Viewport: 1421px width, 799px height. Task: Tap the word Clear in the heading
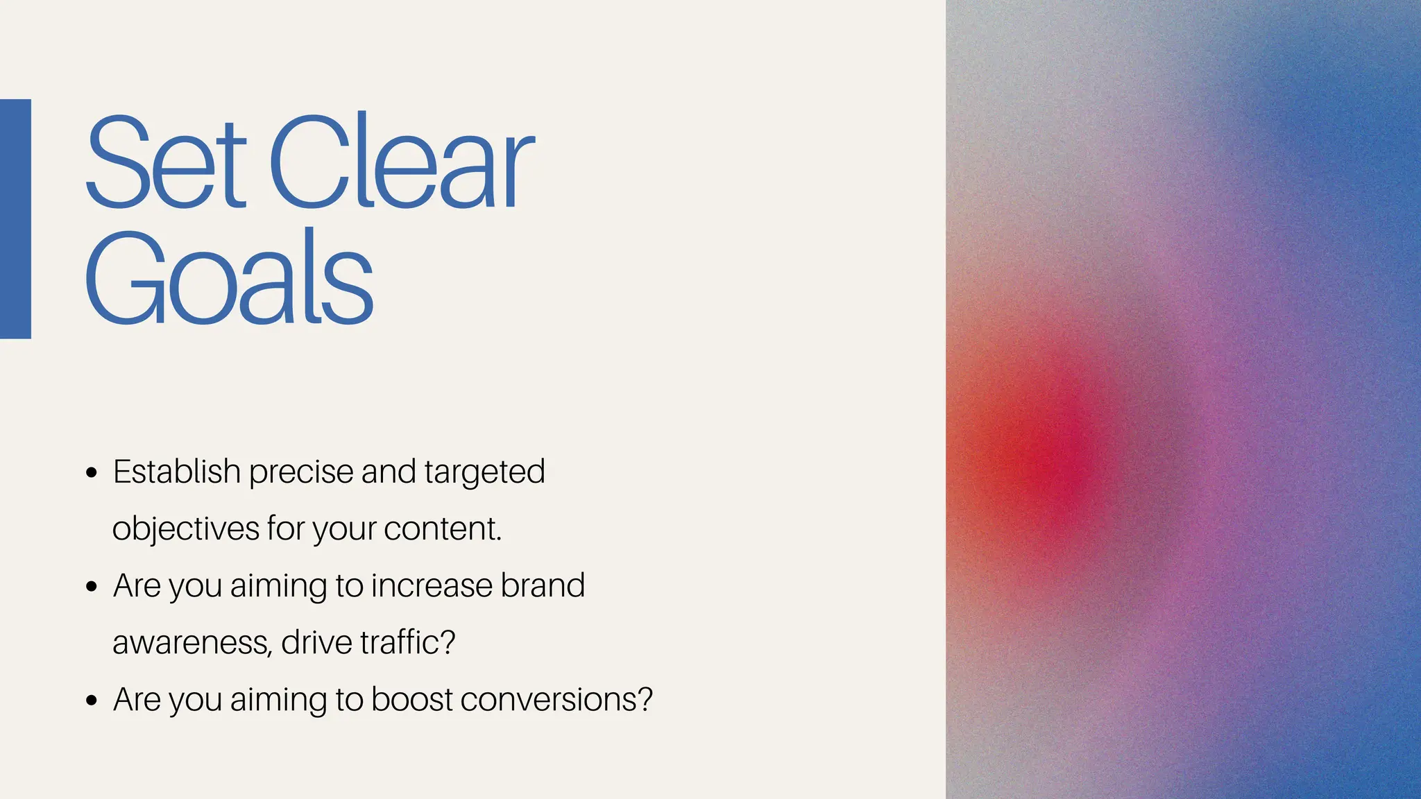[x=401, y=163]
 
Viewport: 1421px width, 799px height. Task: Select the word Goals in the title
[x=229, y=277]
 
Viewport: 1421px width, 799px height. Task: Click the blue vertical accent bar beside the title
[x=15, y=218]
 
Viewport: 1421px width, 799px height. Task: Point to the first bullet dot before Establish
[x=92, y=474]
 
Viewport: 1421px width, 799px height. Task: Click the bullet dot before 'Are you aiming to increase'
[x=92, y=587]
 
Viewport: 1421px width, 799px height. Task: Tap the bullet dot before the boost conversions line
[x=92, y=701]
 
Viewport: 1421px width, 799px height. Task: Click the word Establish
[x=177, y=472]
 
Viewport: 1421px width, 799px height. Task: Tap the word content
[x=442, y=529]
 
